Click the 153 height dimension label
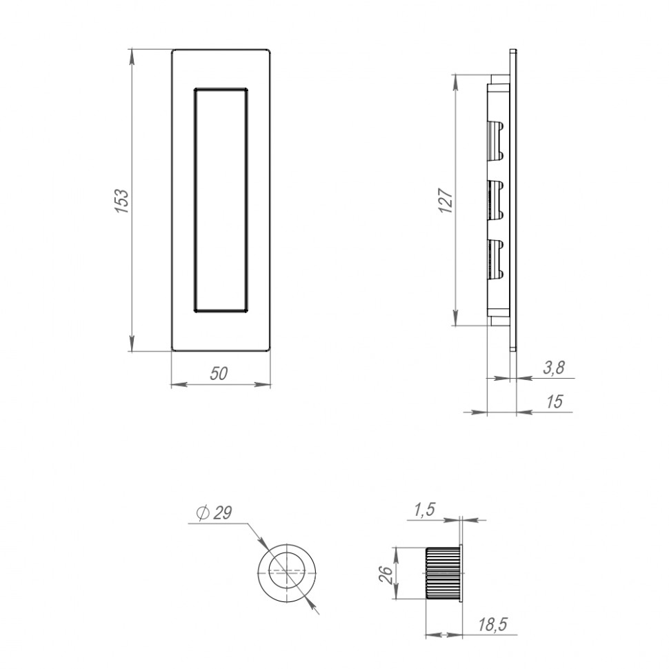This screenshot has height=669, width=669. tap(121, 200)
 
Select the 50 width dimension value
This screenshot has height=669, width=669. tap(219, 373)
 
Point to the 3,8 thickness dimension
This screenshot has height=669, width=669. tap(553, 368)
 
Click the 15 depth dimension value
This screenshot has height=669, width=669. tap(554, 401)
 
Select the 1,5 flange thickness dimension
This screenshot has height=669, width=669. tap(423, 510)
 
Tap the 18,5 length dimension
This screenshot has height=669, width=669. tap(492, 625)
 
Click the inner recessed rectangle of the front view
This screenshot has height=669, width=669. tap(220, 200)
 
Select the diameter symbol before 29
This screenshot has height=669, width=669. tap(202, 514)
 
